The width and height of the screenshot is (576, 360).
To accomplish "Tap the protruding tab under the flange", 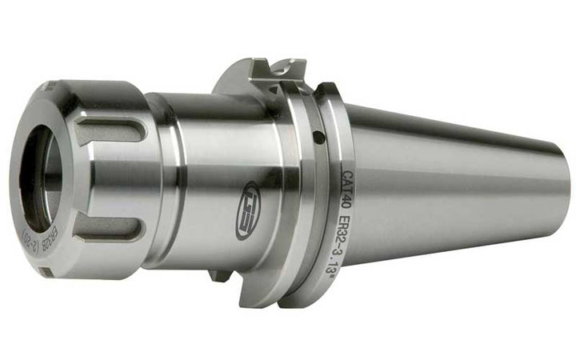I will tap(220, 276).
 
